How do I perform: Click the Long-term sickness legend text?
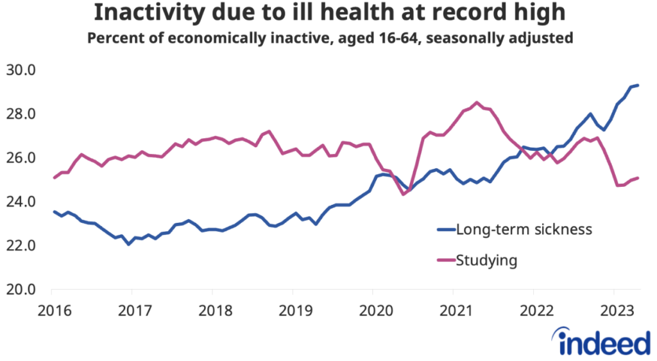click(x=523, y=229)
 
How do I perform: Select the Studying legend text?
click(x=486, y=260)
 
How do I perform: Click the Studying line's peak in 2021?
click(x=477, y=102)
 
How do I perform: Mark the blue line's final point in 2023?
click(x=638, y=85)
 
